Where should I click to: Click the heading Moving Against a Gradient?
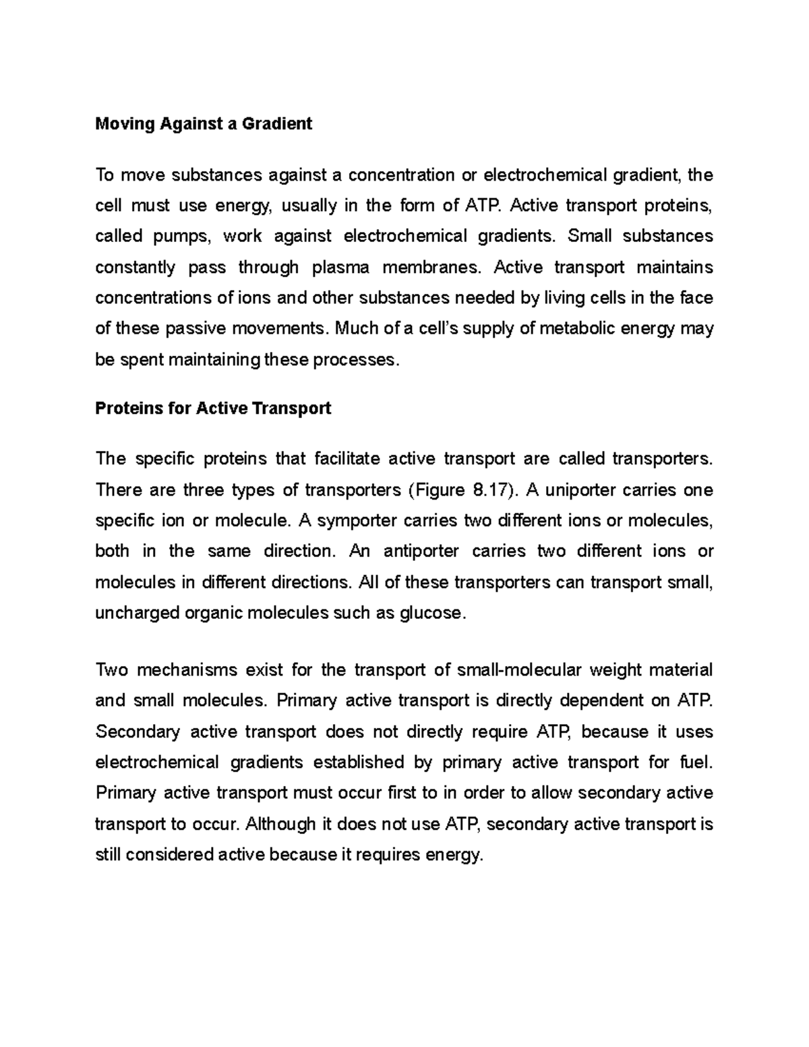[204, 124]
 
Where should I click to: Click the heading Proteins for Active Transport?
[213, 409]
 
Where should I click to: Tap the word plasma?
[340, 268]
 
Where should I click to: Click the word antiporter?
[421, 551]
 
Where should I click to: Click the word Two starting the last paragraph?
[111, 670]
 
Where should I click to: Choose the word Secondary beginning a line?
[138, 732]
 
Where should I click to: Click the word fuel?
[695, 762]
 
